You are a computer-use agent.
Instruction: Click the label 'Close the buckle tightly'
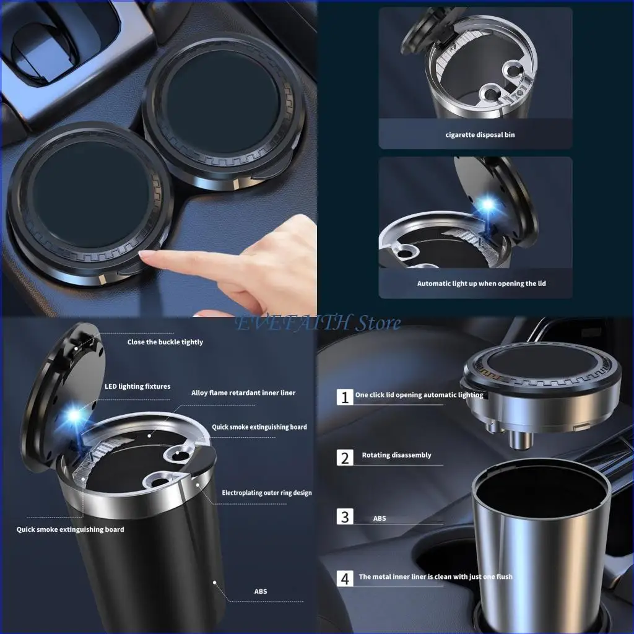click(x=165, y=342)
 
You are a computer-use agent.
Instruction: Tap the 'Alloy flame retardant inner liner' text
click(x=243, y=393)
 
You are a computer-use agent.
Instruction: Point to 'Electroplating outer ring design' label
click(x=267, y=493)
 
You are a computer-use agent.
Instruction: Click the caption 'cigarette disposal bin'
click(x=480, y=134)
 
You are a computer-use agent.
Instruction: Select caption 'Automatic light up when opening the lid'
click(x=481, y=284)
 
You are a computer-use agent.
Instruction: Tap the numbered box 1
click(x=345, y=396)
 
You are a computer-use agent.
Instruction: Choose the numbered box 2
click(x=345, y=458)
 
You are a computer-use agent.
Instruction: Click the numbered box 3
click(x=345, y=516)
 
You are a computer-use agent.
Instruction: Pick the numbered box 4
click(x=345, y=578)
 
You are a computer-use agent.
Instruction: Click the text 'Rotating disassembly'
click(x=396, y=455)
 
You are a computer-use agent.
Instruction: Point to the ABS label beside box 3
click(x=380, y=518)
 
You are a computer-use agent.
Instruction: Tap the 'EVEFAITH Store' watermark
click(x=316, y=323)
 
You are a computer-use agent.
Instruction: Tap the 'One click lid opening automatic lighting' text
click(x=419, y=394)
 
